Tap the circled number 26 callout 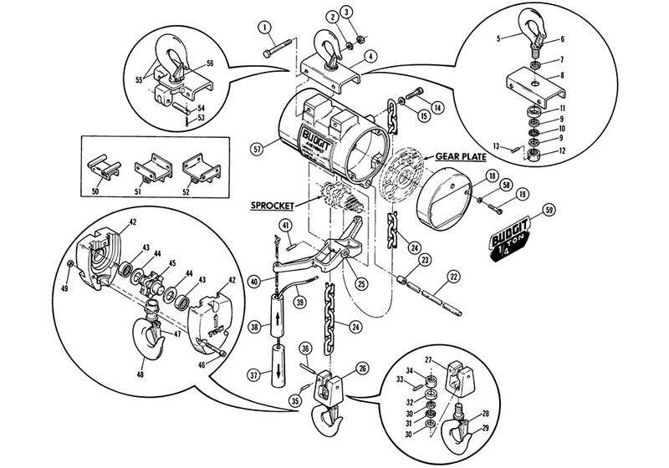pos(361,367)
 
